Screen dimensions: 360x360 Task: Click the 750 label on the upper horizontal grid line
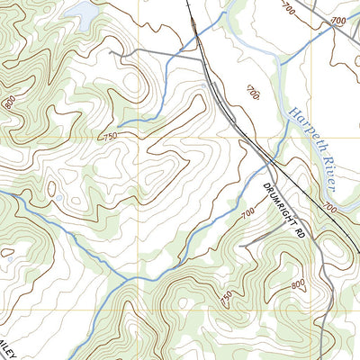(111, 136)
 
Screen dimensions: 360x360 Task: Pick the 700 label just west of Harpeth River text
(251, 93)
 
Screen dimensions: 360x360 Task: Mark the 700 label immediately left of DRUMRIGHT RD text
(248, 213)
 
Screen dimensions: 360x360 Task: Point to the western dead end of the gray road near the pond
(110, 52)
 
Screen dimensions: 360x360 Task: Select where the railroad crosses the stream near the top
(195, 37)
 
